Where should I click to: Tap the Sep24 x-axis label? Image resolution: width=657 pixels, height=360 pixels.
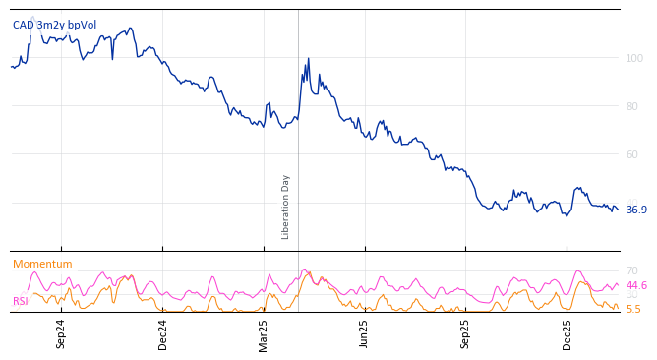tap(61, 333)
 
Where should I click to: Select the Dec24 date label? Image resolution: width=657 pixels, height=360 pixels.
tap(163, 333)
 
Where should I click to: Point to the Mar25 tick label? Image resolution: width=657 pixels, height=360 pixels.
tap(264, 333)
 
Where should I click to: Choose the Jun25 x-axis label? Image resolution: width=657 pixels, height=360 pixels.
tap(365, 333)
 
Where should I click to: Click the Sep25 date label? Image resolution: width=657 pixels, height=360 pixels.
tap(466, 333)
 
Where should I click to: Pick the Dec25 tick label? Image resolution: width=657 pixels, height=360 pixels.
tap(567, 333)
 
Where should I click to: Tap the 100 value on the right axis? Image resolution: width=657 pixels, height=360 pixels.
tap(634, 59)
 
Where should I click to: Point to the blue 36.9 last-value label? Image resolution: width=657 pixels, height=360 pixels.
tap(636, 210)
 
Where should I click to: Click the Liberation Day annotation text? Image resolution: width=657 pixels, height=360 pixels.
tap(286, 207)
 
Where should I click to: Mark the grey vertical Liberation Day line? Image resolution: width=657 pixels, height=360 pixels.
tap(298, 148)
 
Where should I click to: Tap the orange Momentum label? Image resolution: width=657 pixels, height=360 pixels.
tap(42, 265)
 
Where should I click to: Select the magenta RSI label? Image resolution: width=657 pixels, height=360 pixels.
tap(21, 301)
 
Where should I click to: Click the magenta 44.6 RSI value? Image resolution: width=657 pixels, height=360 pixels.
tap(636, 285)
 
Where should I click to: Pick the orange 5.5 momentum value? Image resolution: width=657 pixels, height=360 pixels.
tap(633, 309)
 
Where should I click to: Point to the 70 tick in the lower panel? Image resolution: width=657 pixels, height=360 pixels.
tap(632, 270)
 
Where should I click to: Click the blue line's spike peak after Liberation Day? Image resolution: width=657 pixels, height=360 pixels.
tap(308, 59)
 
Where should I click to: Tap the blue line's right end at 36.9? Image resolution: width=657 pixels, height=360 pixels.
tap(618, 210)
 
